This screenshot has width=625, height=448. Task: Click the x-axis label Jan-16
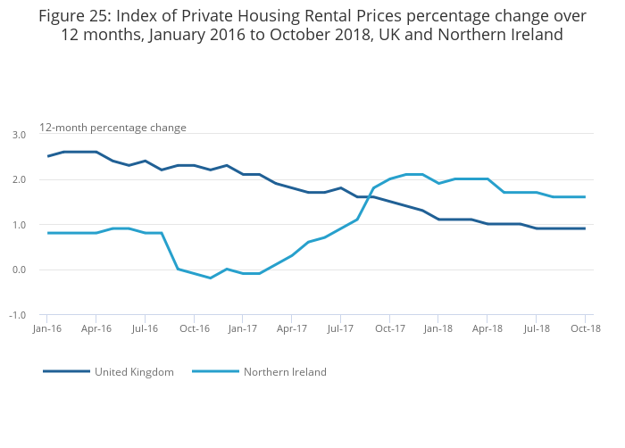(x=47, y=328)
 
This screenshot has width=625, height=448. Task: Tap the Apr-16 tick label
(x=96, y=328)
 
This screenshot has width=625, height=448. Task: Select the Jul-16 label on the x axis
(x=145, y=328)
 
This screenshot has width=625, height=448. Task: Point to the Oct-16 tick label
(x=194, y=328)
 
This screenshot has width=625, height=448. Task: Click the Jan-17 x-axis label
(x=243, y=328)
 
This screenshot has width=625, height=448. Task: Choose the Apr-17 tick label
(x=292, y=328)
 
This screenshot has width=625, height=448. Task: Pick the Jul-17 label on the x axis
(x=340, y=328)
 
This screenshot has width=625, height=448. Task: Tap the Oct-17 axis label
(x=389, y=328)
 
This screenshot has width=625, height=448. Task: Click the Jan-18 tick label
(x=438, y=328)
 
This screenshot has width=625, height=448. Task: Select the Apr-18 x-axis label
(x=487, y=328)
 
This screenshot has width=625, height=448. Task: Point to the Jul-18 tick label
(x=536, y=328)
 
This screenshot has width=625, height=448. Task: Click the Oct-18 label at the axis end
(x=585, y=328)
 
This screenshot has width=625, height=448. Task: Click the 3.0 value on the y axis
(x=19, y=135)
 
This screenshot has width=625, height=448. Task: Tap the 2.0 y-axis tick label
(x=19, y=180)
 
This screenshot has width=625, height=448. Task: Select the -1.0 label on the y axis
(x=17, y=315)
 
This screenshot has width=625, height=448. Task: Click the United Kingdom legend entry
(x=134, y=371)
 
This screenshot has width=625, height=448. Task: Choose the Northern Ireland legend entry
(x=285, y=371)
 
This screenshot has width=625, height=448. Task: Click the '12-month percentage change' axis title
(x=112, y=128)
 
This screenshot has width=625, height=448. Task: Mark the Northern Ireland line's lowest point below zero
(x=210, y=278)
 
